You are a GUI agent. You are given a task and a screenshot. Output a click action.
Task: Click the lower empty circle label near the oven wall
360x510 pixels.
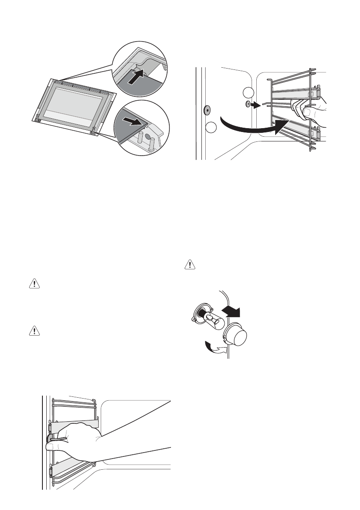pos(211,127)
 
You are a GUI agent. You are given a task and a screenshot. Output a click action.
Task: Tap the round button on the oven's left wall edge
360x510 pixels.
pos(207,109)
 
